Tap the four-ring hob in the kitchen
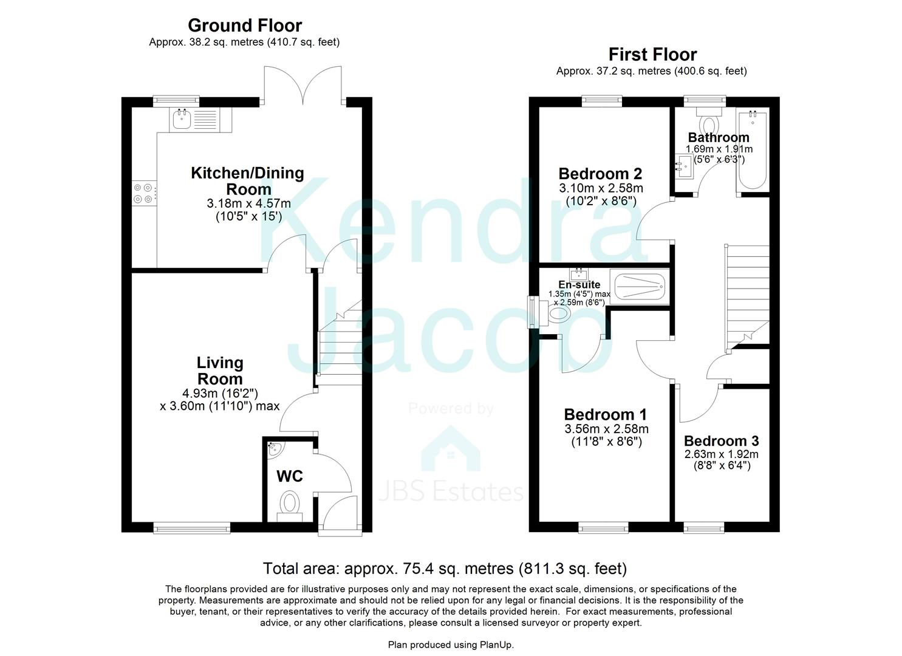[x=144, y=193]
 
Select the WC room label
[x=289, y=476]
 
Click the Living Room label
[x=219, y=371]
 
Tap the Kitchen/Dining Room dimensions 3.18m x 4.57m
[x=248, y=203]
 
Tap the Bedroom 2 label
[x=600, y=174]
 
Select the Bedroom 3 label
[x=721, y=441]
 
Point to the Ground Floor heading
[x=244, y=26]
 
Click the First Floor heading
[x=652, y=54]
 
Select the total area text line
[x=444, y=569]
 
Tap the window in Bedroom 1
[x=603, y=527]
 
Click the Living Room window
[x=177, y=527]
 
